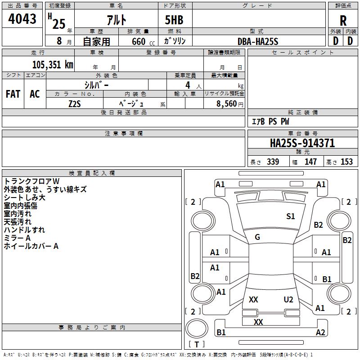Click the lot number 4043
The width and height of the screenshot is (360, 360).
click(22, 19)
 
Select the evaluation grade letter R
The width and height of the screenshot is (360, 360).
click(343, 20)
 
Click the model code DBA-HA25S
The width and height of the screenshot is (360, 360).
click(258, 41)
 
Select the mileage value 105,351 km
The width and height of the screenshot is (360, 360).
click(53, 64)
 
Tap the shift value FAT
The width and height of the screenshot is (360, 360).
click(13, 94)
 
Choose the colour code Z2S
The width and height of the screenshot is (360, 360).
click(75, 103)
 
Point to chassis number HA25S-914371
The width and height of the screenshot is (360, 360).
click(302, 143)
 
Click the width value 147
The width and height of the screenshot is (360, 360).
click(310, 162)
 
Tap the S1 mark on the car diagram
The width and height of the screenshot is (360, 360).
click(291, 216)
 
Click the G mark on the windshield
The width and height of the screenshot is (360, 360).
click(257, 237)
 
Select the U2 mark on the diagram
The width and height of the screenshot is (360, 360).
click(288, 299)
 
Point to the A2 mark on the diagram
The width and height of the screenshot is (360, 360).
click(320, 333)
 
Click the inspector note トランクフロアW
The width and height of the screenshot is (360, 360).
click(31, 181)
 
